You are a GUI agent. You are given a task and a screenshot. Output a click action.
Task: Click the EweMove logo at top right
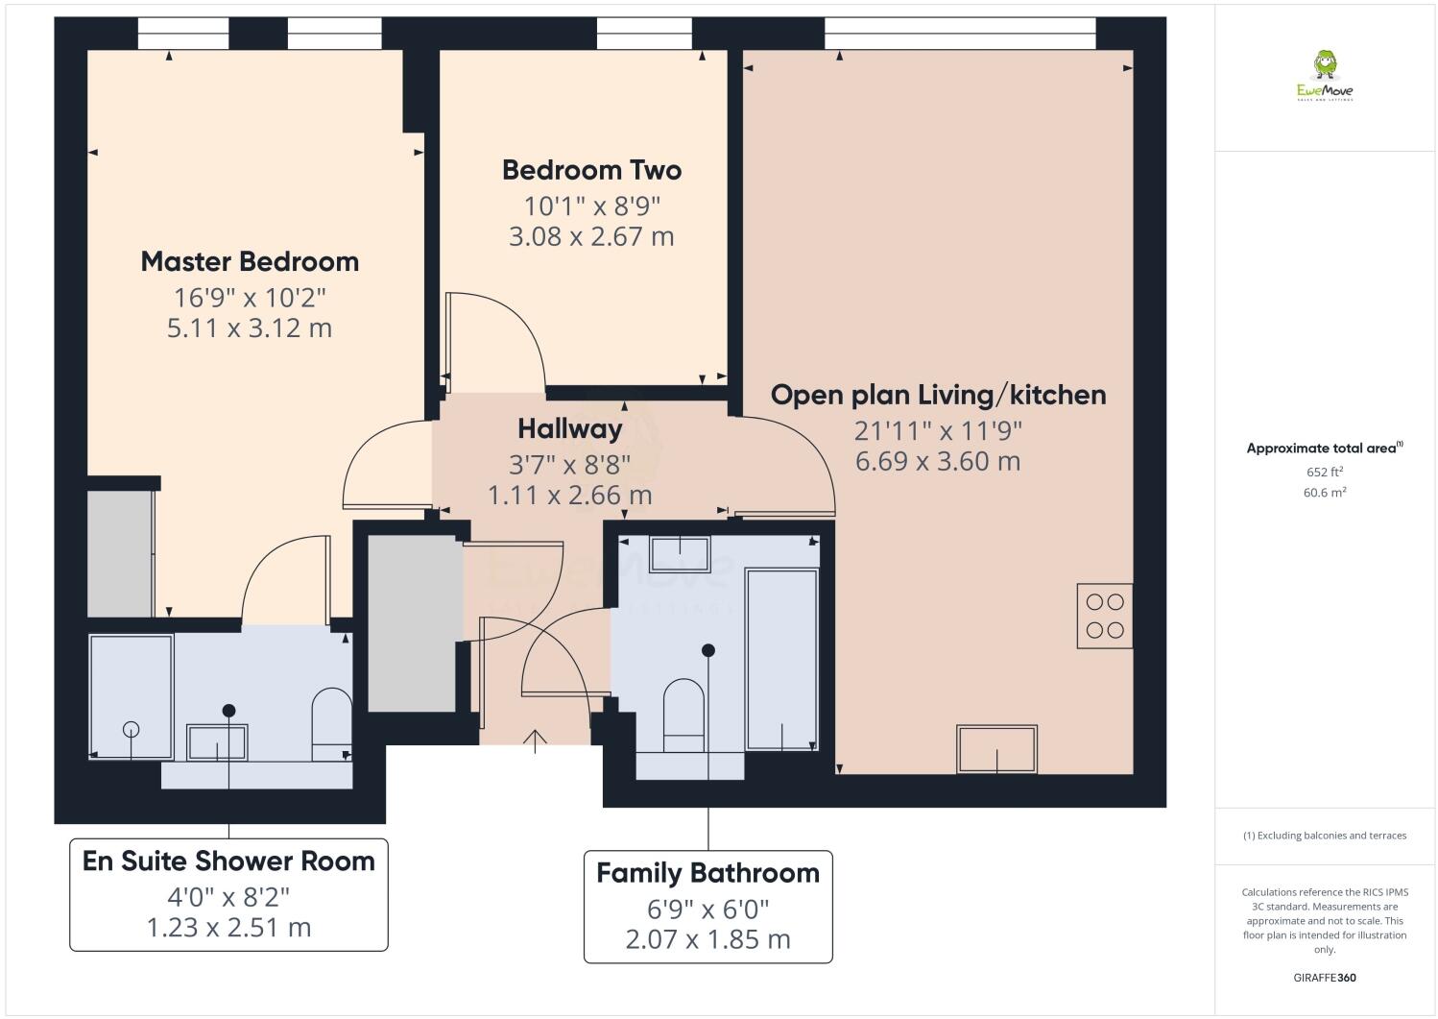[x=1325, y=77]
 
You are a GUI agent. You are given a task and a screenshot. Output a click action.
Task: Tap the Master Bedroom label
[x=250, y=261]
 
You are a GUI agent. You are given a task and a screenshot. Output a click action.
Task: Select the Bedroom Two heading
[x=591, y=170]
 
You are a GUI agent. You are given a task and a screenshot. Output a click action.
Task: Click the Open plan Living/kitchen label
[x=938, y=395]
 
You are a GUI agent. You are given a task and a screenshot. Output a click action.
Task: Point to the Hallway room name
[x=569, y=428]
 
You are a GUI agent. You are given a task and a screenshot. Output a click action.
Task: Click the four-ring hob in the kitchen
[x=1104, y=616]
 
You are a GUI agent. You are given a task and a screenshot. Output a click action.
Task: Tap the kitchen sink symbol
[x=996, y=748]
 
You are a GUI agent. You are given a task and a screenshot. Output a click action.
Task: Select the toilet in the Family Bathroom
[x=683, y=715]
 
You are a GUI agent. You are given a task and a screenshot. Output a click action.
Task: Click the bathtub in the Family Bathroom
[x=781, y=659]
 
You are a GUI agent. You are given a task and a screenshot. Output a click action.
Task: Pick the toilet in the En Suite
[x=332, y=716]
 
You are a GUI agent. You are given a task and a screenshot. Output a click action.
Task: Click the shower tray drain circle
[x=131, y=729]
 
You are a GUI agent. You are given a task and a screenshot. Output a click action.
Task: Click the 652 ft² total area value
[x=1324, y=472]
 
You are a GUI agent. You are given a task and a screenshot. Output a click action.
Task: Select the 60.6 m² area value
[x=1324, y=492]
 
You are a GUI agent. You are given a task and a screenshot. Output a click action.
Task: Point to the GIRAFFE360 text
[x=1324, y=978]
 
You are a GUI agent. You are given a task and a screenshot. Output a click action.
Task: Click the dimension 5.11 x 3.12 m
[x=250, y=328]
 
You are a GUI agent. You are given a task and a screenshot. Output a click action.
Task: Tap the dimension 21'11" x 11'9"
[x=938, y=430]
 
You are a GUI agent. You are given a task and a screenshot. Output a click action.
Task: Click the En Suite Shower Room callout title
[x=228, y=861]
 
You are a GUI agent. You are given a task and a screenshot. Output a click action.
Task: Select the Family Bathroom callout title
[x=707, y=873]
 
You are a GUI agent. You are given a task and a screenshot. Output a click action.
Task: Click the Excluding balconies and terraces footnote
[x=1324, y=836]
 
